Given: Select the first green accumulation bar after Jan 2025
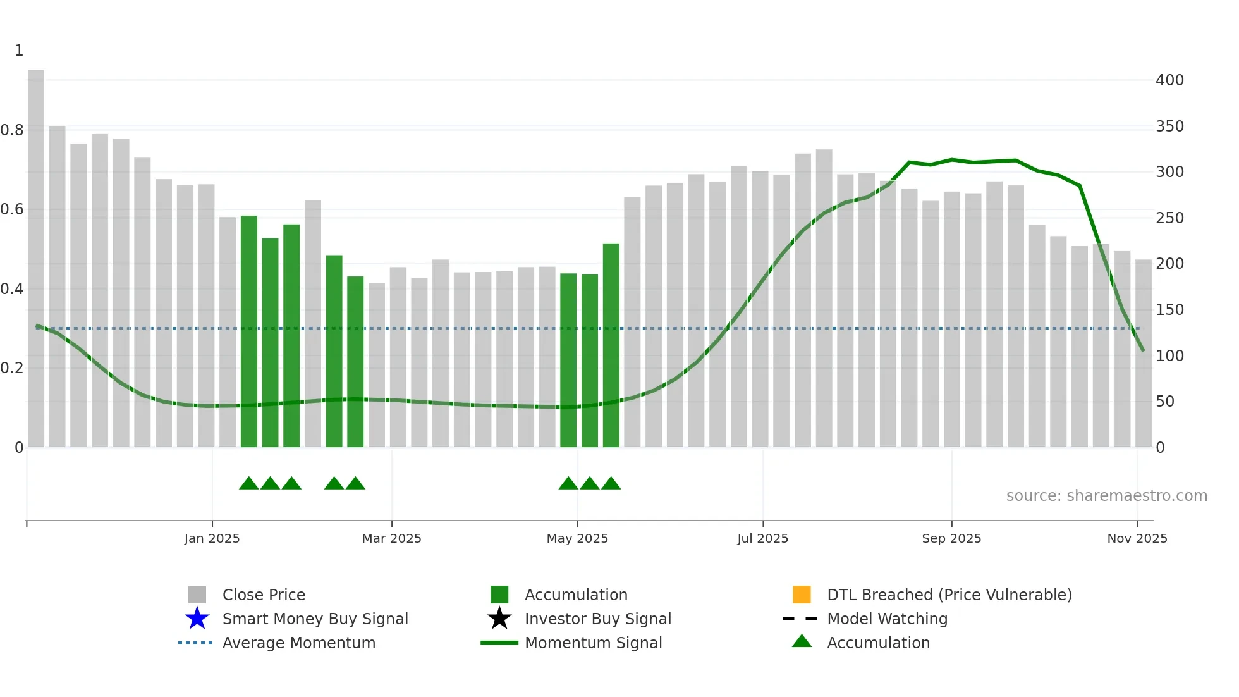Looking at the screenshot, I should (x=249, y=331).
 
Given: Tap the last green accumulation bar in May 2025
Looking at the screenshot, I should (x=611, y=345).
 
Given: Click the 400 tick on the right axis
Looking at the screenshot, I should (x=1169, y=80).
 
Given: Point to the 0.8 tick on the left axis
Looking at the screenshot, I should (x=12, y=130).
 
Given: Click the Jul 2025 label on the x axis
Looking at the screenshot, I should (x=762, y=538).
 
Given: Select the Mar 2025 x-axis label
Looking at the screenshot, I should (x=391, y=538).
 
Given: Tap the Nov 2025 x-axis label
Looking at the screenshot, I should (x=1137, y=538).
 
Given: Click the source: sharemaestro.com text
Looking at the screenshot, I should (x=1106, y=496).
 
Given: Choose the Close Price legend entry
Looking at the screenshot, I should (x=264, y=595).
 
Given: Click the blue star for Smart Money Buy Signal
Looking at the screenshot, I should (x=197, y=619).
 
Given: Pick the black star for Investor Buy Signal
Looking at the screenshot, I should (x=499, y=619).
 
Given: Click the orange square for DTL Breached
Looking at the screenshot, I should (x=802, y=595).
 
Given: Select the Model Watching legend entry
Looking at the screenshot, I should (x=887, y=619).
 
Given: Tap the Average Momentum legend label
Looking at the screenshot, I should (x=298, y=643).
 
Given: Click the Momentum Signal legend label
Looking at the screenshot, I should (x=593, y=643).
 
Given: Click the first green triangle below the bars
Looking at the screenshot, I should (x=249, y=484).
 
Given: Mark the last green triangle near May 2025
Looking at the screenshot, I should (x=611, y=484).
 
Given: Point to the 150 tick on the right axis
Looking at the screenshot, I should (x=1169, y=310).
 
